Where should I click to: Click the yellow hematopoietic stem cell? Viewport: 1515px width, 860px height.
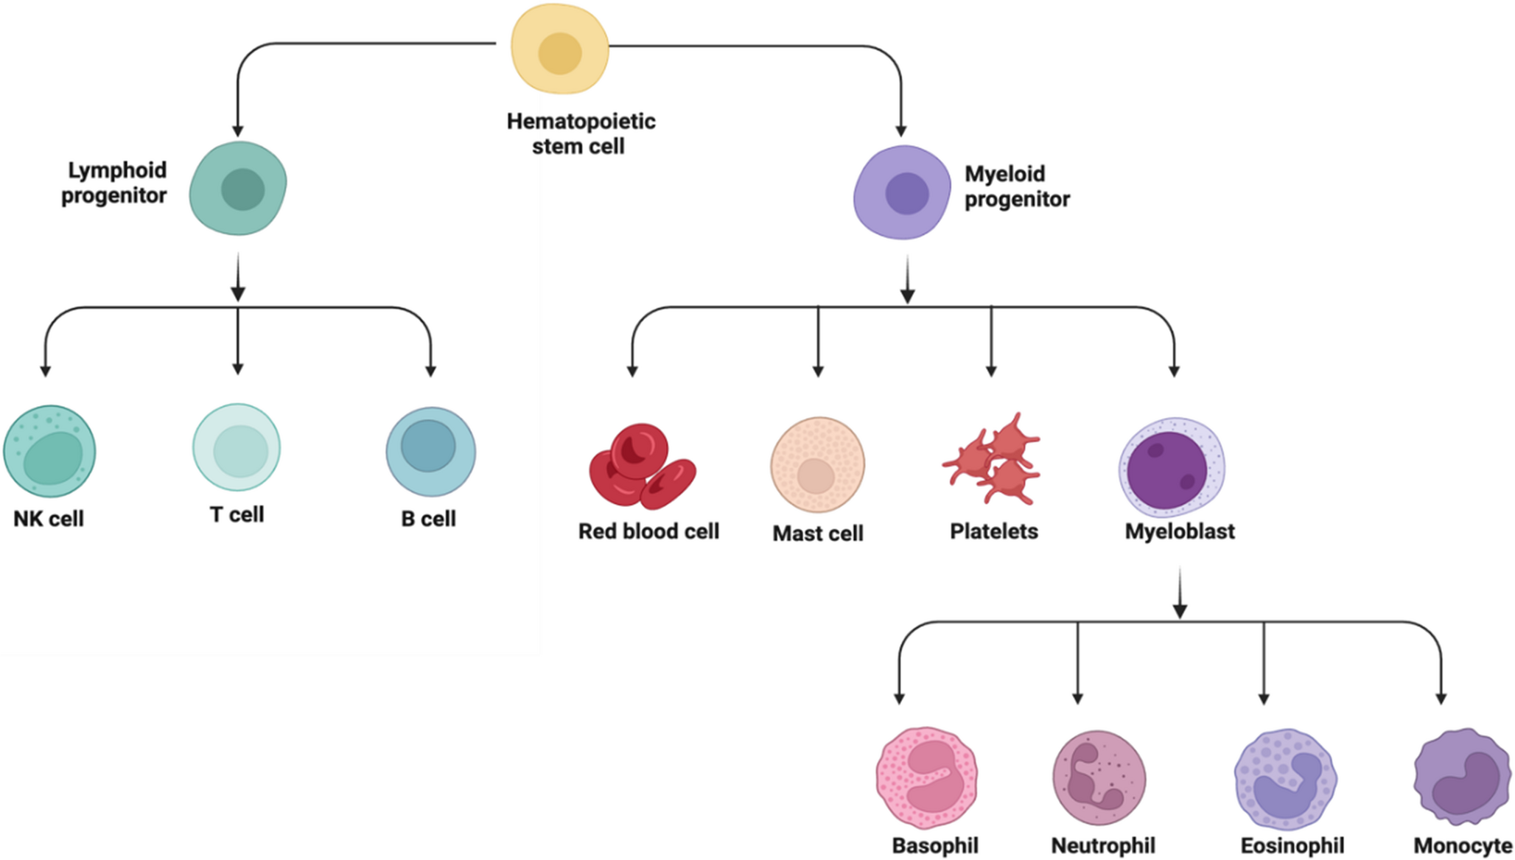(x=560, y=49)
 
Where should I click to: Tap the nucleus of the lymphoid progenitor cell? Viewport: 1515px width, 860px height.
(x=242, y=189)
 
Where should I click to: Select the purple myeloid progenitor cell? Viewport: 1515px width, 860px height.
(x=902, y=192)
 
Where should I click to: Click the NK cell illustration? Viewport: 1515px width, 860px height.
(x=49, y=451)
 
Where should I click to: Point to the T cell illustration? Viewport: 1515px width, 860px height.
(x=237, y=447)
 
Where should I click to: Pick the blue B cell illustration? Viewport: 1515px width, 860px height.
(x=430, y=451)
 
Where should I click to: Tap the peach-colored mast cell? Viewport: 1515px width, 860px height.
(x=817, y=465)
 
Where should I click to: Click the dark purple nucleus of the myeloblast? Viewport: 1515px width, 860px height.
(x=1166, y=470)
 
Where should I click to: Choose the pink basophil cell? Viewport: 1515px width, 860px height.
(x=927, y=778)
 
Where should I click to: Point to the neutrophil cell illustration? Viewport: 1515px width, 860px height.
(x=1099, y=778)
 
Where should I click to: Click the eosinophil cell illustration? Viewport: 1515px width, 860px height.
(x=1285, y=779)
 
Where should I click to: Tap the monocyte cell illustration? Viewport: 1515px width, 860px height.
(x=1462, y=777)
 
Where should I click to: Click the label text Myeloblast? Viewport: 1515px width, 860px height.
(x=1179, y=531)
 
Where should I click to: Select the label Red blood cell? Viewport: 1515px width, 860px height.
(x=648, y=531)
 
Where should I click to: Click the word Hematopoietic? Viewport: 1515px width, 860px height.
(x=581, y=121)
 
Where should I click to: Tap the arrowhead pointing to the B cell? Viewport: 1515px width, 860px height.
(x=431, y=371)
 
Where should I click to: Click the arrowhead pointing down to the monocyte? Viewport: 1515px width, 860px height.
(x=1441, y=699)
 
